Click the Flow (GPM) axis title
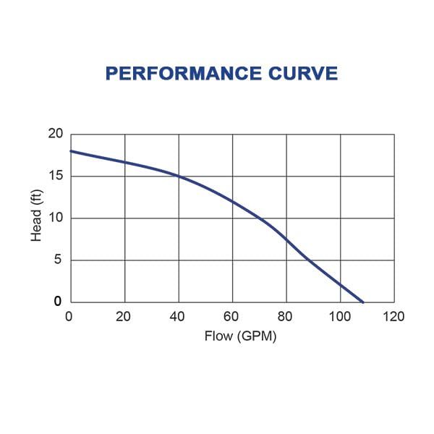coord(231,336)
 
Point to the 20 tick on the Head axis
coord(56,134)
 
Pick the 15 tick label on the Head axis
coord(56,176)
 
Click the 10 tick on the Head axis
coord(56,218)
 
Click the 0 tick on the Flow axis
coord(69,316)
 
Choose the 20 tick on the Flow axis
coord(124,316)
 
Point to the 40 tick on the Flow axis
coord(178,316)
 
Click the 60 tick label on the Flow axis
coord(232,316)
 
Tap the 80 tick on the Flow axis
coord(286,316)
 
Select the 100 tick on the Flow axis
coord(340,316)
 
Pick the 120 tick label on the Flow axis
coord(394,316)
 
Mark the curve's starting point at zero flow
coord(71,151)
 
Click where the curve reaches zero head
coord(363,302)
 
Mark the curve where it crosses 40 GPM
coord(179,176)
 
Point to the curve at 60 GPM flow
coord(232,201)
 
